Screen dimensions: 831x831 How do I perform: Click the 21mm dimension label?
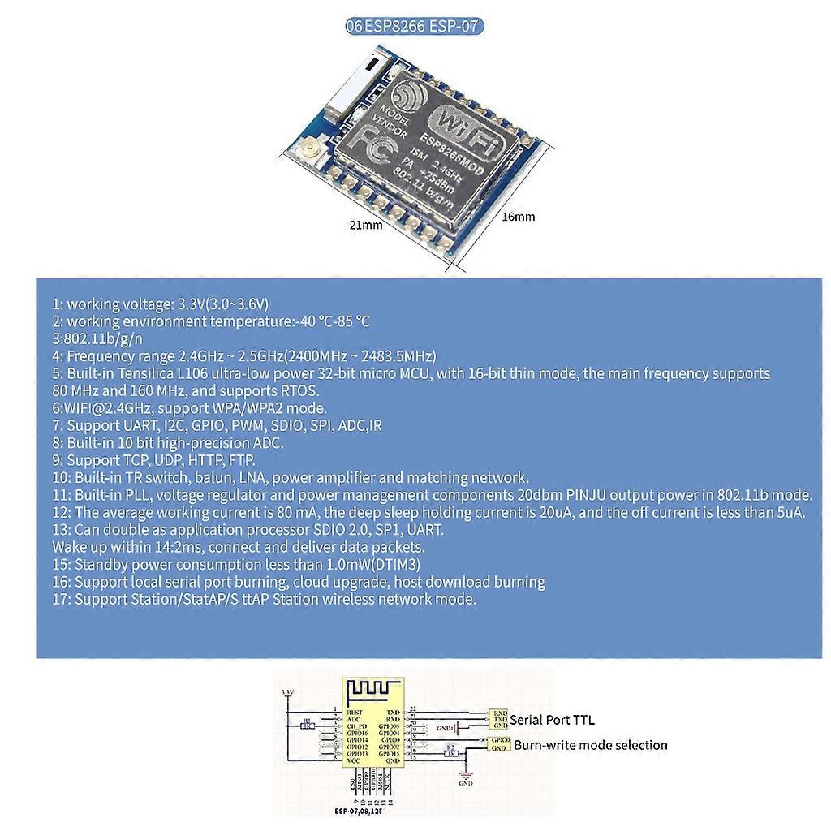365,225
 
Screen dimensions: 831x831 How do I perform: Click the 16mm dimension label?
518,217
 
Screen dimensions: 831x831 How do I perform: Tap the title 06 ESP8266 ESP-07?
414,26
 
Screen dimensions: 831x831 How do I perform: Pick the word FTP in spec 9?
243,460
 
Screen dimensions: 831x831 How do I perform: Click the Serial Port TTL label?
552,719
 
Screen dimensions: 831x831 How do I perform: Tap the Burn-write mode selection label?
591,745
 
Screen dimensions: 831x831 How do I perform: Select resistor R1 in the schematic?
307,725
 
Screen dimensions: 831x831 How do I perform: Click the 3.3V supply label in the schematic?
286,692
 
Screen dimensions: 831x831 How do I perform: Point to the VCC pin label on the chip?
355,760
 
